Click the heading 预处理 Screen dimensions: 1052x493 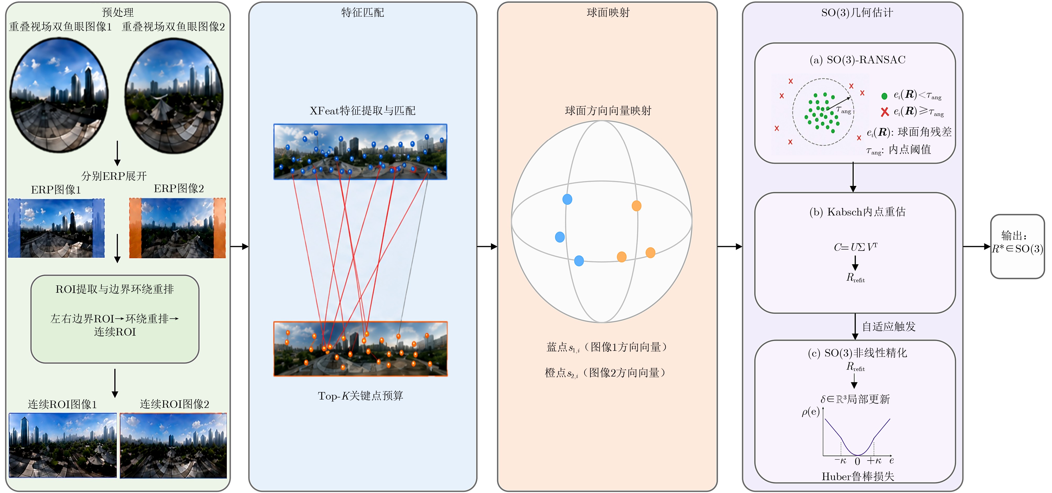[118, 12]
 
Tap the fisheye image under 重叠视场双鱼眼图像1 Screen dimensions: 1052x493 [59, 95]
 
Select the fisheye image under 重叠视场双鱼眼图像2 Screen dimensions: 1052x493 [174, 96]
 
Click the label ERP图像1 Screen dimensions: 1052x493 [56, 190]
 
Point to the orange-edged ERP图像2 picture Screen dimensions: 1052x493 [177, 228]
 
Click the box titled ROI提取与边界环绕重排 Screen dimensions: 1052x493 [115, 319]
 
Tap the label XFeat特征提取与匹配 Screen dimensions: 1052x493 [362, 110]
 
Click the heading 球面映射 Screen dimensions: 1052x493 [608, 13]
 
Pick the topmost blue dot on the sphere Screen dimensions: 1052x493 [567, 199]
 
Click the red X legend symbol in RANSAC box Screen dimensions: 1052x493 [885, 112]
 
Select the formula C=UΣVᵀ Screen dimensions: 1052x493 [856, 247]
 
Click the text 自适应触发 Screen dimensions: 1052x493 [889, 326]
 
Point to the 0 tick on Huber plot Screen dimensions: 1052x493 [857, 461]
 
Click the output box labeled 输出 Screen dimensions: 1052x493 [1017, 247]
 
